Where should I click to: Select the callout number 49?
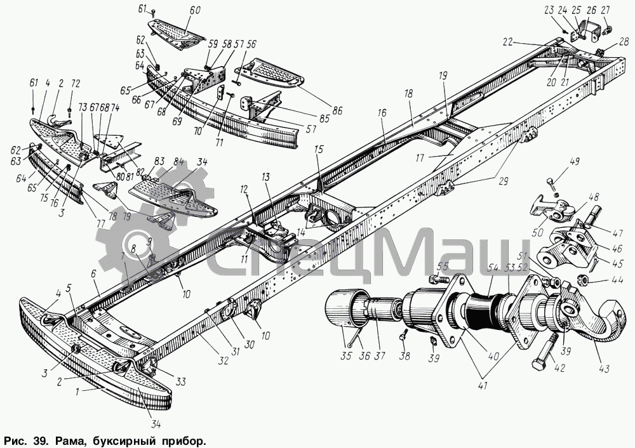coord(573,162)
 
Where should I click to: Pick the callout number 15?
coord(317,148)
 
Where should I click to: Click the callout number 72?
coord(76,84)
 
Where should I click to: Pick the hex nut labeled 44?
coord(580,280)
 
